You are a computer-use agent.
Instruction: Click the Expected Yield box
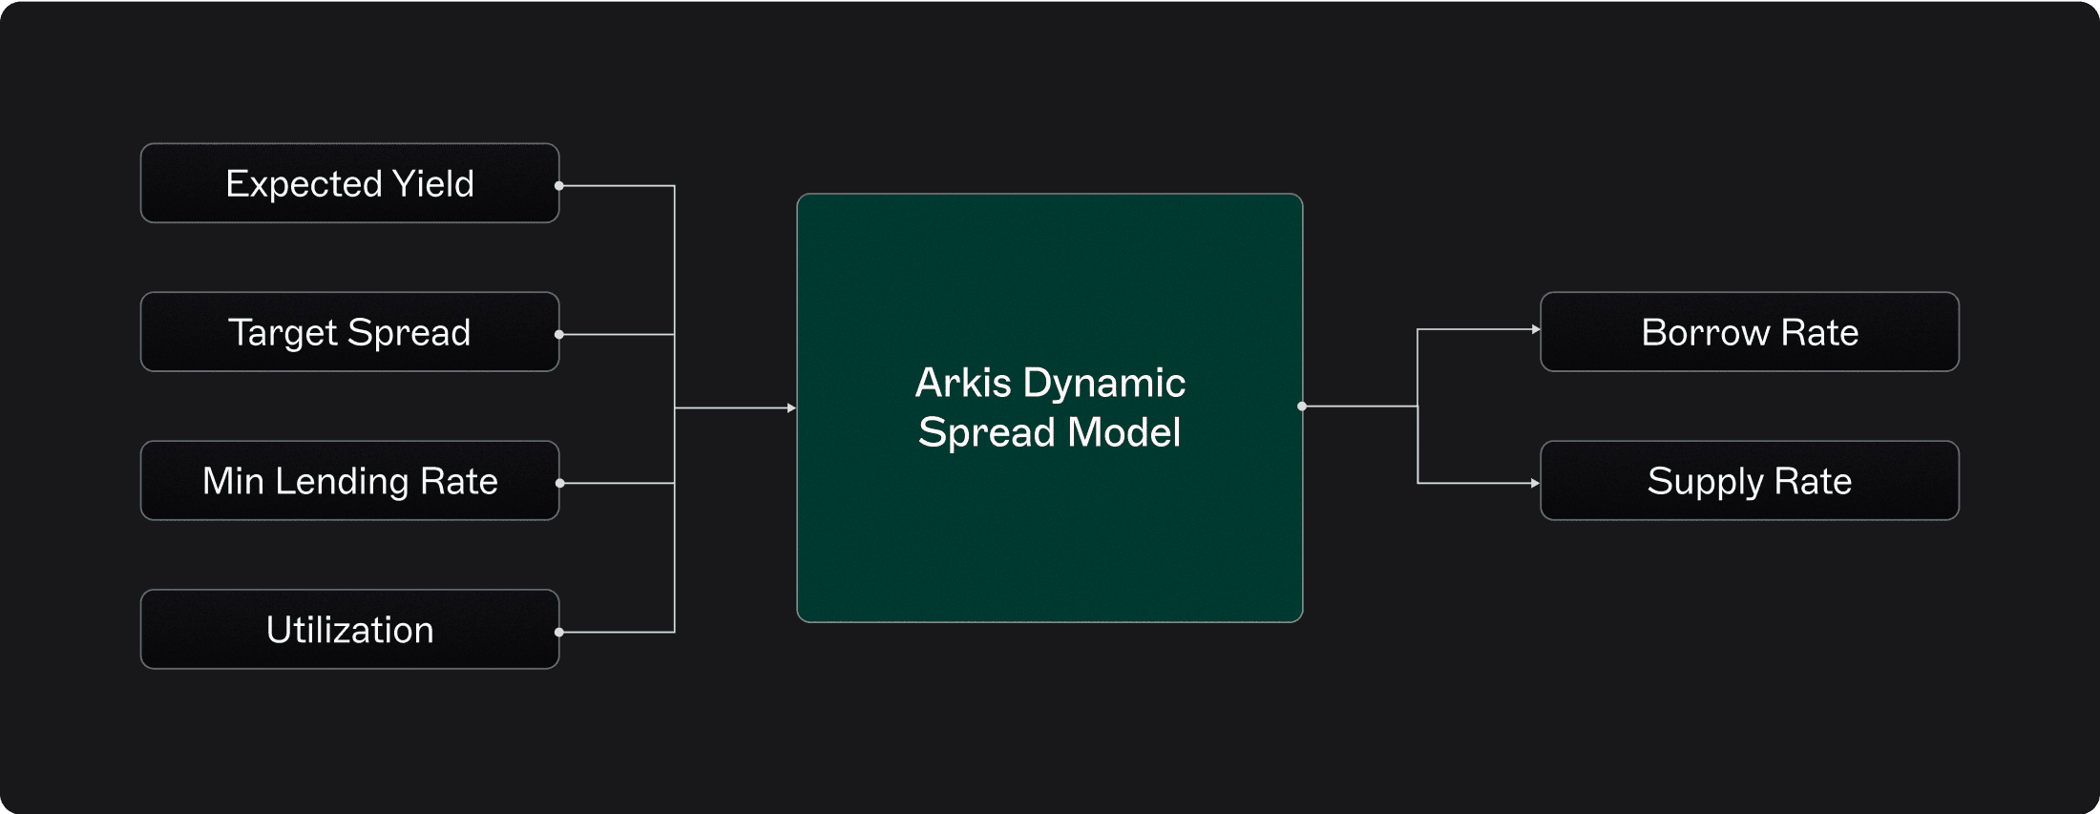(x=349, y=183)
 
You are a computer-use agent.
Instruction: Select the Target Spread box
(x=349, y=332)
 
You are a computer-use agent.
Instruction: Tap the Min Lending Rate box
(x=349, y=481)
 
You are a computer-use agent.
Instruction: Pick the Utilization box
(x=349, y=630)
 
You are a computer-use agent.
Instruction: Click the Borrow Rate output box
(x=1749, y=332)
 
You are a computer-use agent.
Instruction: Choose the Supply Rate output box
(x=1749, y=481)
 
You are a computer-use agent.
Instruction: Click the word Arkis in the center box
(x=963, y=384)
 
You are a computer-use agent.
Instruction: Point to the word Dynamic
(x=1104, y=384)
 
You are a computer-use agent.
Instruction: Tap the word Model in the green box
(x=1124, y=433)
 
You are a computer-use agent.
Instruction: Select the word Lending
(x=342, y=481)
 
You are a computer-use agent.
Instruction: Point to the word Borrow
(x=1705, y=332)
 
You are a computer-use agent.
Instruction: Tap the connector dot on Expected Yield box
(x=559, y=186)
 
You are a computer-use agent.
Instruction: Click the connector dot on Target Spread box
(x=559, y=335)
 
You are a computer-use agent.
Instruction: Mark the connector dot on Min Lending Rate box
(x=559, y=484)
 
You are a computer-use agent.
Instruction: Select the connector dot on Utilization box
(x=559, y=632)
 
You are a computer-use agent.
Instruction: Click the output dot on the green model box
(x=1302, y=407)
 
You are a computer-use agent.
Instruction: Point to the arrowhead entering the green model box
(x=791, y=408)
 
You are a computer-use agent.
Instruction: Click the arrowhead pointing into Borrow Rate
(x=1535, y=329)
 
